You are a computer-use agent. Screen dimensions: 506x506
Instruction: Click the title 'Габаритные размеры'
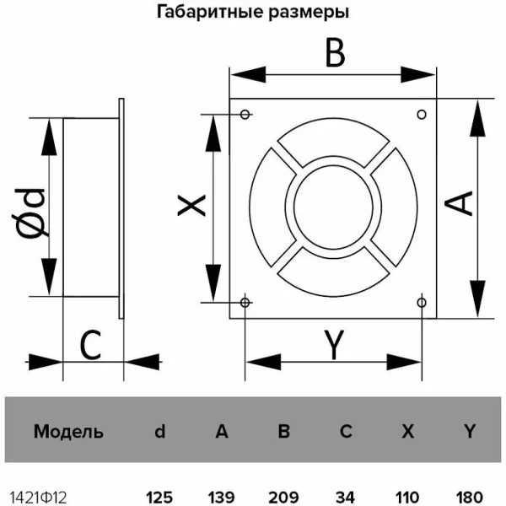[x=253, y=13]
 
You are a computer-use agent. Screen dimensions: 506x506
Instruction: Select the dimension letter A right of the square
[x=459, y=203]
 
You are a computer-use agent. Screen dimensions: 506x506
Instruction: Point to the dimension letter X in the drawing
[x=191, y=205]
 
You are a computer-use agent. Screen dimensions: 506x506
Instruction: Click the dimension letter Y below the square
[x=334, y=344]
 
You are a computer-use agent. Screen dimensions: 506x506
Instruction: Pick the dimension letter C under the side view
[x=90, y=345]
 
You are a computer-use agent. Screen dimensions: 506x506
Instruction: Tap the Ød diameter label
[x=30, y=213]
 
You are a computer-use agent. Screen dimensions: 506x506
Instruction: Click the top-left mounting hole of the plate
[x=245, y=114]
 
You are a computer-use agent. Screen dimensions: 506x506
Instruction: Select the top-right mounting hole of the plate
[x=422, y=114]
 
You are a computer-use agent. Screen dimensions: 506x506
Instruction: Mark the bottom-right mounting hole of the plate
[x=422, y=303]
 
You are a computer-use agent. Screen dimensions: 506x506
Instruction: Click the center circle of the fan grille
[x=333, y=207]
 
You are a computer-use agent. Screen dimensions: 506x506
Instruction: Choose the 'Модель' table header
[x=68, y=432]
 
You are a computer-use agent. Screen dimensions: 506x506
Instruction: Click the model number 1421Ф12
[x=39, y=498]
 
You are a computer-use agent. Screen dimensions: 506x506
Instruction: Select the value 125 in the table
[x=159, y=498]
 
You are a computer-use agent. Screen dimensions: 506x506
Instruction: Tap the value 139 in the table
[x=222, y=498]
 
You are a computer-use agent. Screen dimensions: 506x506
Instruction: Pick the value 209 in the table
[x=283, y=498]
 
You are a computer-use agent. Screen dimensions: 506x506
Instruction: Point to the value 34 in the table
[x=345, y=498]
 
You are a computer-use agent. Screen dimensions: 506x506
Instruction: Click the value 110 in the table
[x=407, y=498]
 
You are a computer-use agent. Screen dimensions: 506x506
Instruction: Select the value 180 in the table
[x=470, y=498]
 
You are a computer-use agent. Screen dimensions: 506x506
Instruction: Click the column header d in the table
[x=160, y=431]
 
